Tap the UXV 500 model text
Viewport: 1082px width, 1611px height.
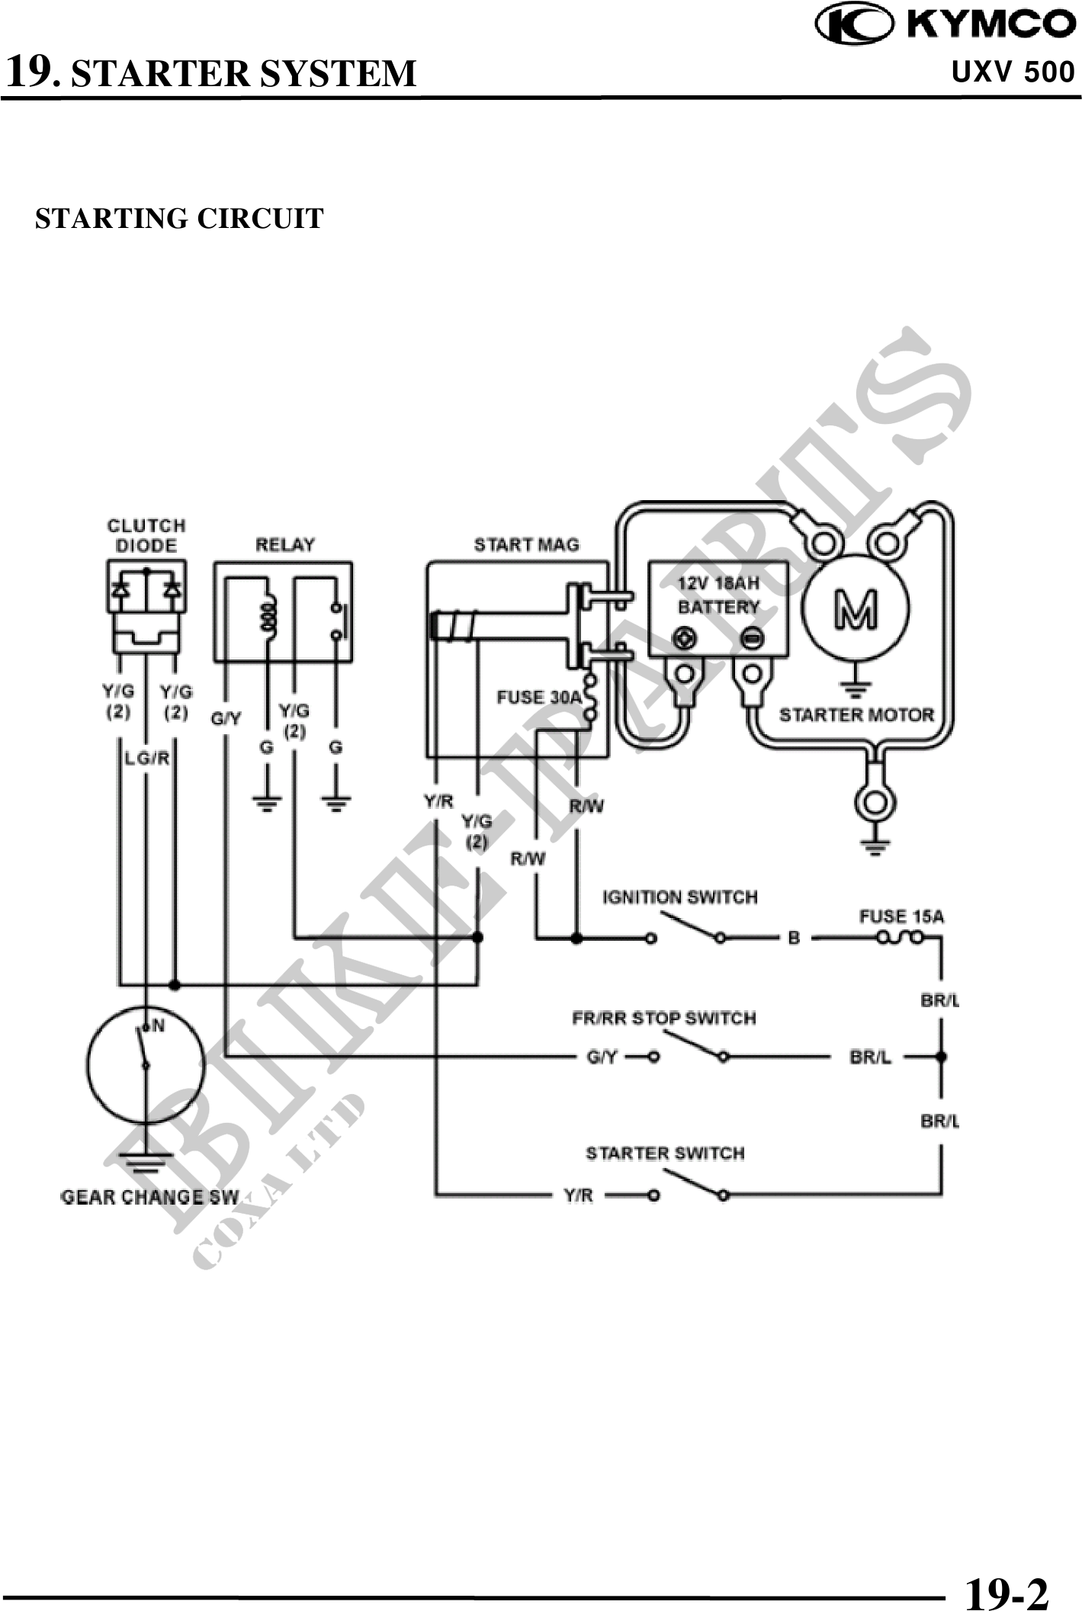click(1013, 72)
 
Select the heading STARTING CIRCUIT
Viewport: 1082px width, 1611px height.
click(179, 219)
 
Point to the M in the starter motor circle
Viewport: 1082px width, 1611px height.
click(855, 610)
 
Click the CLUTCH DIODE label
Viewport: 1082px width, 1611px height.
click(146, 535)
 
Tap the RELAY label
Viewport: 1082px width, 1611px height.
click(284, 545)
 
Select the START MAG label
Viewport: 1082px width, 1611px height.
click(526, 545)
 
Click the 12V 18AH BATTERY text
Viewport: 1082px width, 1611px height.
click(718, 595)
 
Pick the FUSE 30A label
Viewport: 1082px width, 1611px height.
click(539, 698)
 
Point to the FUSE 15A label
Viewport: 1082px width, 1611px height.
click(901, 916)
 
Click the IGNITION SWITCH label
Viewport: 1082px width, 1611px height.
click(680, 897)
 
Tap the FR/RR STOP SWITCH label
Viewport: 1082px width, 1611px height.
click(663, 1019)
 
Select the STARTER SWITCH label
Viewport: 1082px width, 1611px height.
click(665, 1154)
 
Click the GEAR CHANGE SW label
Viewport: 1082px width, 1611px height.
click(149, 1197)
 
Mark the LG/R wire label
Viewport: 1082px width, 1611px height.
click(147, 759)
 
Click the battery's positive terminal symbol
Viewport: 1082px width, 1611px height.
click(685, 638)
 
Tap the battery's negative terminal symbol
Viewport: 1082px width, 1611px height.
click(753, 638)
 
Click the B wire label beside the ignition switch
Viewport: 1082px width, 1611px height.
click(794, 938)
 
